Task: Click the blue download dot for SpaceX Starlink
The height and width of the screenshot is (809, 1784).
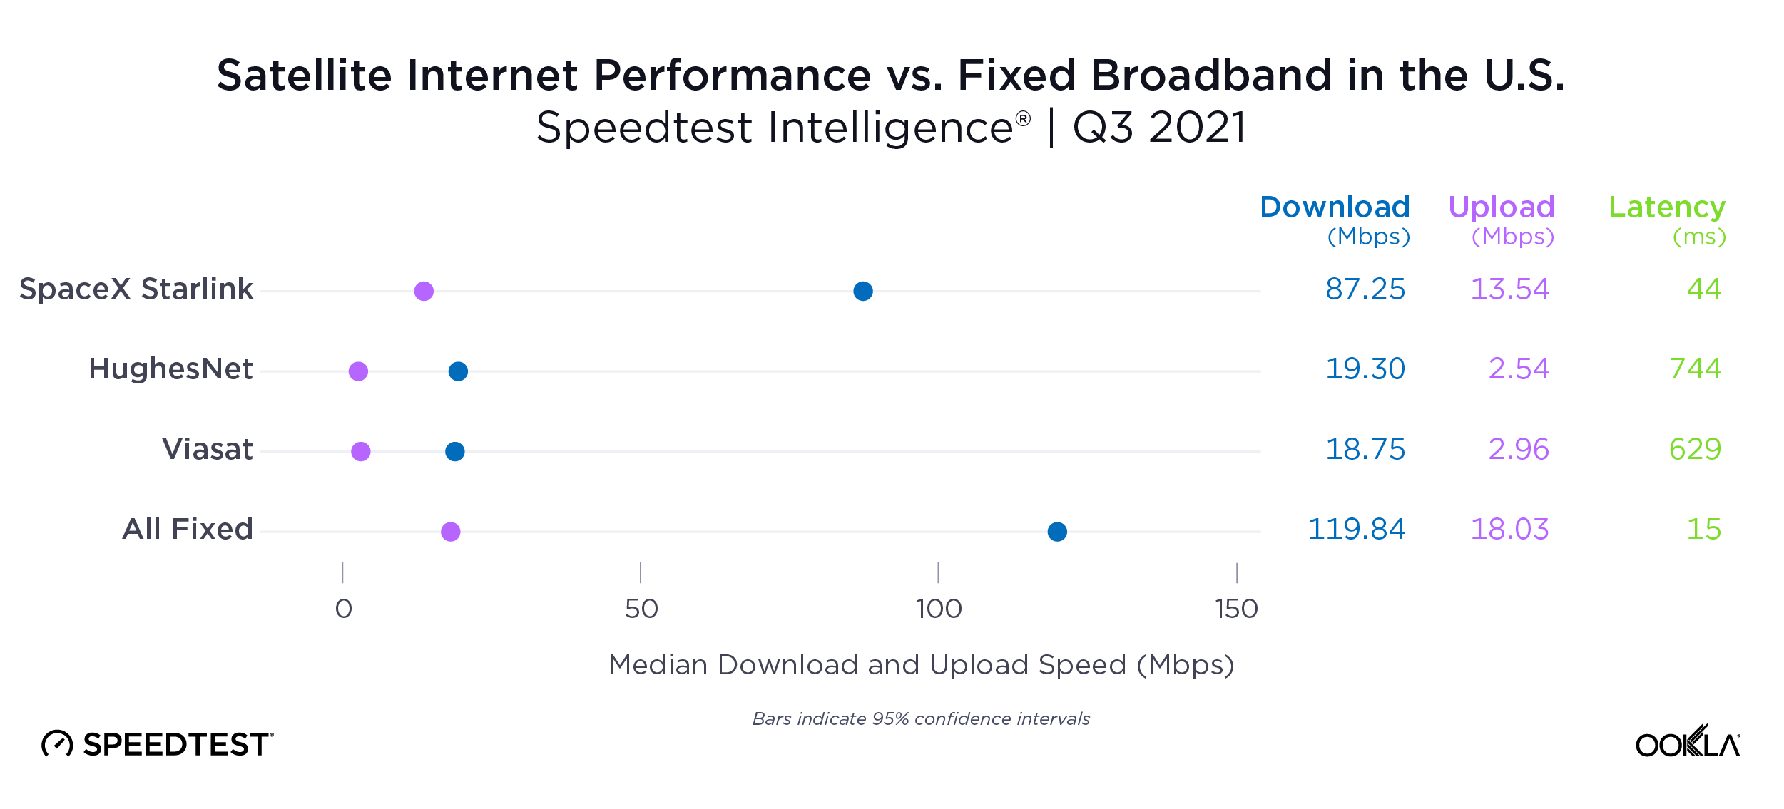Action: (x=862, y=291)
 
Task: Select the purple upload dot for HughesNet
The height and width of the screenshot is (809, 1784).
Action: (x=358, y=371)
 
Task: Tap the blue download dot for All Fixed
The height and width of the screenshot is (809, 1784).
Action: (x=1056, y=531)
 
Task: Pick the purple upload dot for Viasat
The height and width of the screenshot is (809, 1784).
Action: (x=361, y=451)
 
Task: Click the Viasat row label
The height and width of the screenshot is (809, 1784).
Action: (x=207, y=449)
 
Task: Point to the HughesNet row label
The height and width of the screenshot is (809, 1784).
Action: (x=170, y=369)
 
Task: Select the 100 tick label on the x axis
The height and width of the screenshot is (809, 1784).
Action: (x=939, y=609)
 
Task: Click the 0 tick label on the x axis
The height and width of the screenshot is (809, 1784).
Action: (x=343, y=609)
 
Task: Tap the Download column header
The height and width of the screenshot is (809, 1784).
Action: (x=1335, y=207)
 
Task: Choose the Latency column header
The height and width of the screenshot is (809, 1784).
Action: (x=1666, y=207)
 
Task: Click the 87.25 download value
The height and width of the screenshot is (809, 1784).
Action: (x=1365, y=289)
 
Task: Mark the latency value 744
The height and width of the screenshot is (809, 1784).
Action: (x=1695, y=369)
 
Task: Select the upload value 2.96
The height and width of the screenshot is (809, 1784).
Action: (x=1518, y=449)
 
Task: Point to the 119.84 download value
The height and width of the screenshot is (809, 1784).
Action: (x=1356, y=529)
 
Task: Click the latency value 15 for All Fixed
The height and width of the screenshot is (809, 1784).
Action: (x=1703, y=529)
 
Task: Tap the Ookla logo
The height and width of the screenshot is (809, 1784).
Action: (x=1687, y=742)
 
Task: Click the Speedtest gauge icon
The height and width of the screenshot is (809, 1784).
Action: (x=57, y=743)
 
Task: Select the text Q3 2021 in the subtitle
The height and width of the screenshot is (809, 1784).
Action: (x=1159, y=128)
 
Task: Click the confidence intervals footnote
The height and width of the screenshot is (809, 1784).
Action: (x=921, y=718)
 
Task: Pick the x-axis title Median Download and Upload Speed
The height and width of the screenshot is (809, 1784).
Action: (x=921, y=664)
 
